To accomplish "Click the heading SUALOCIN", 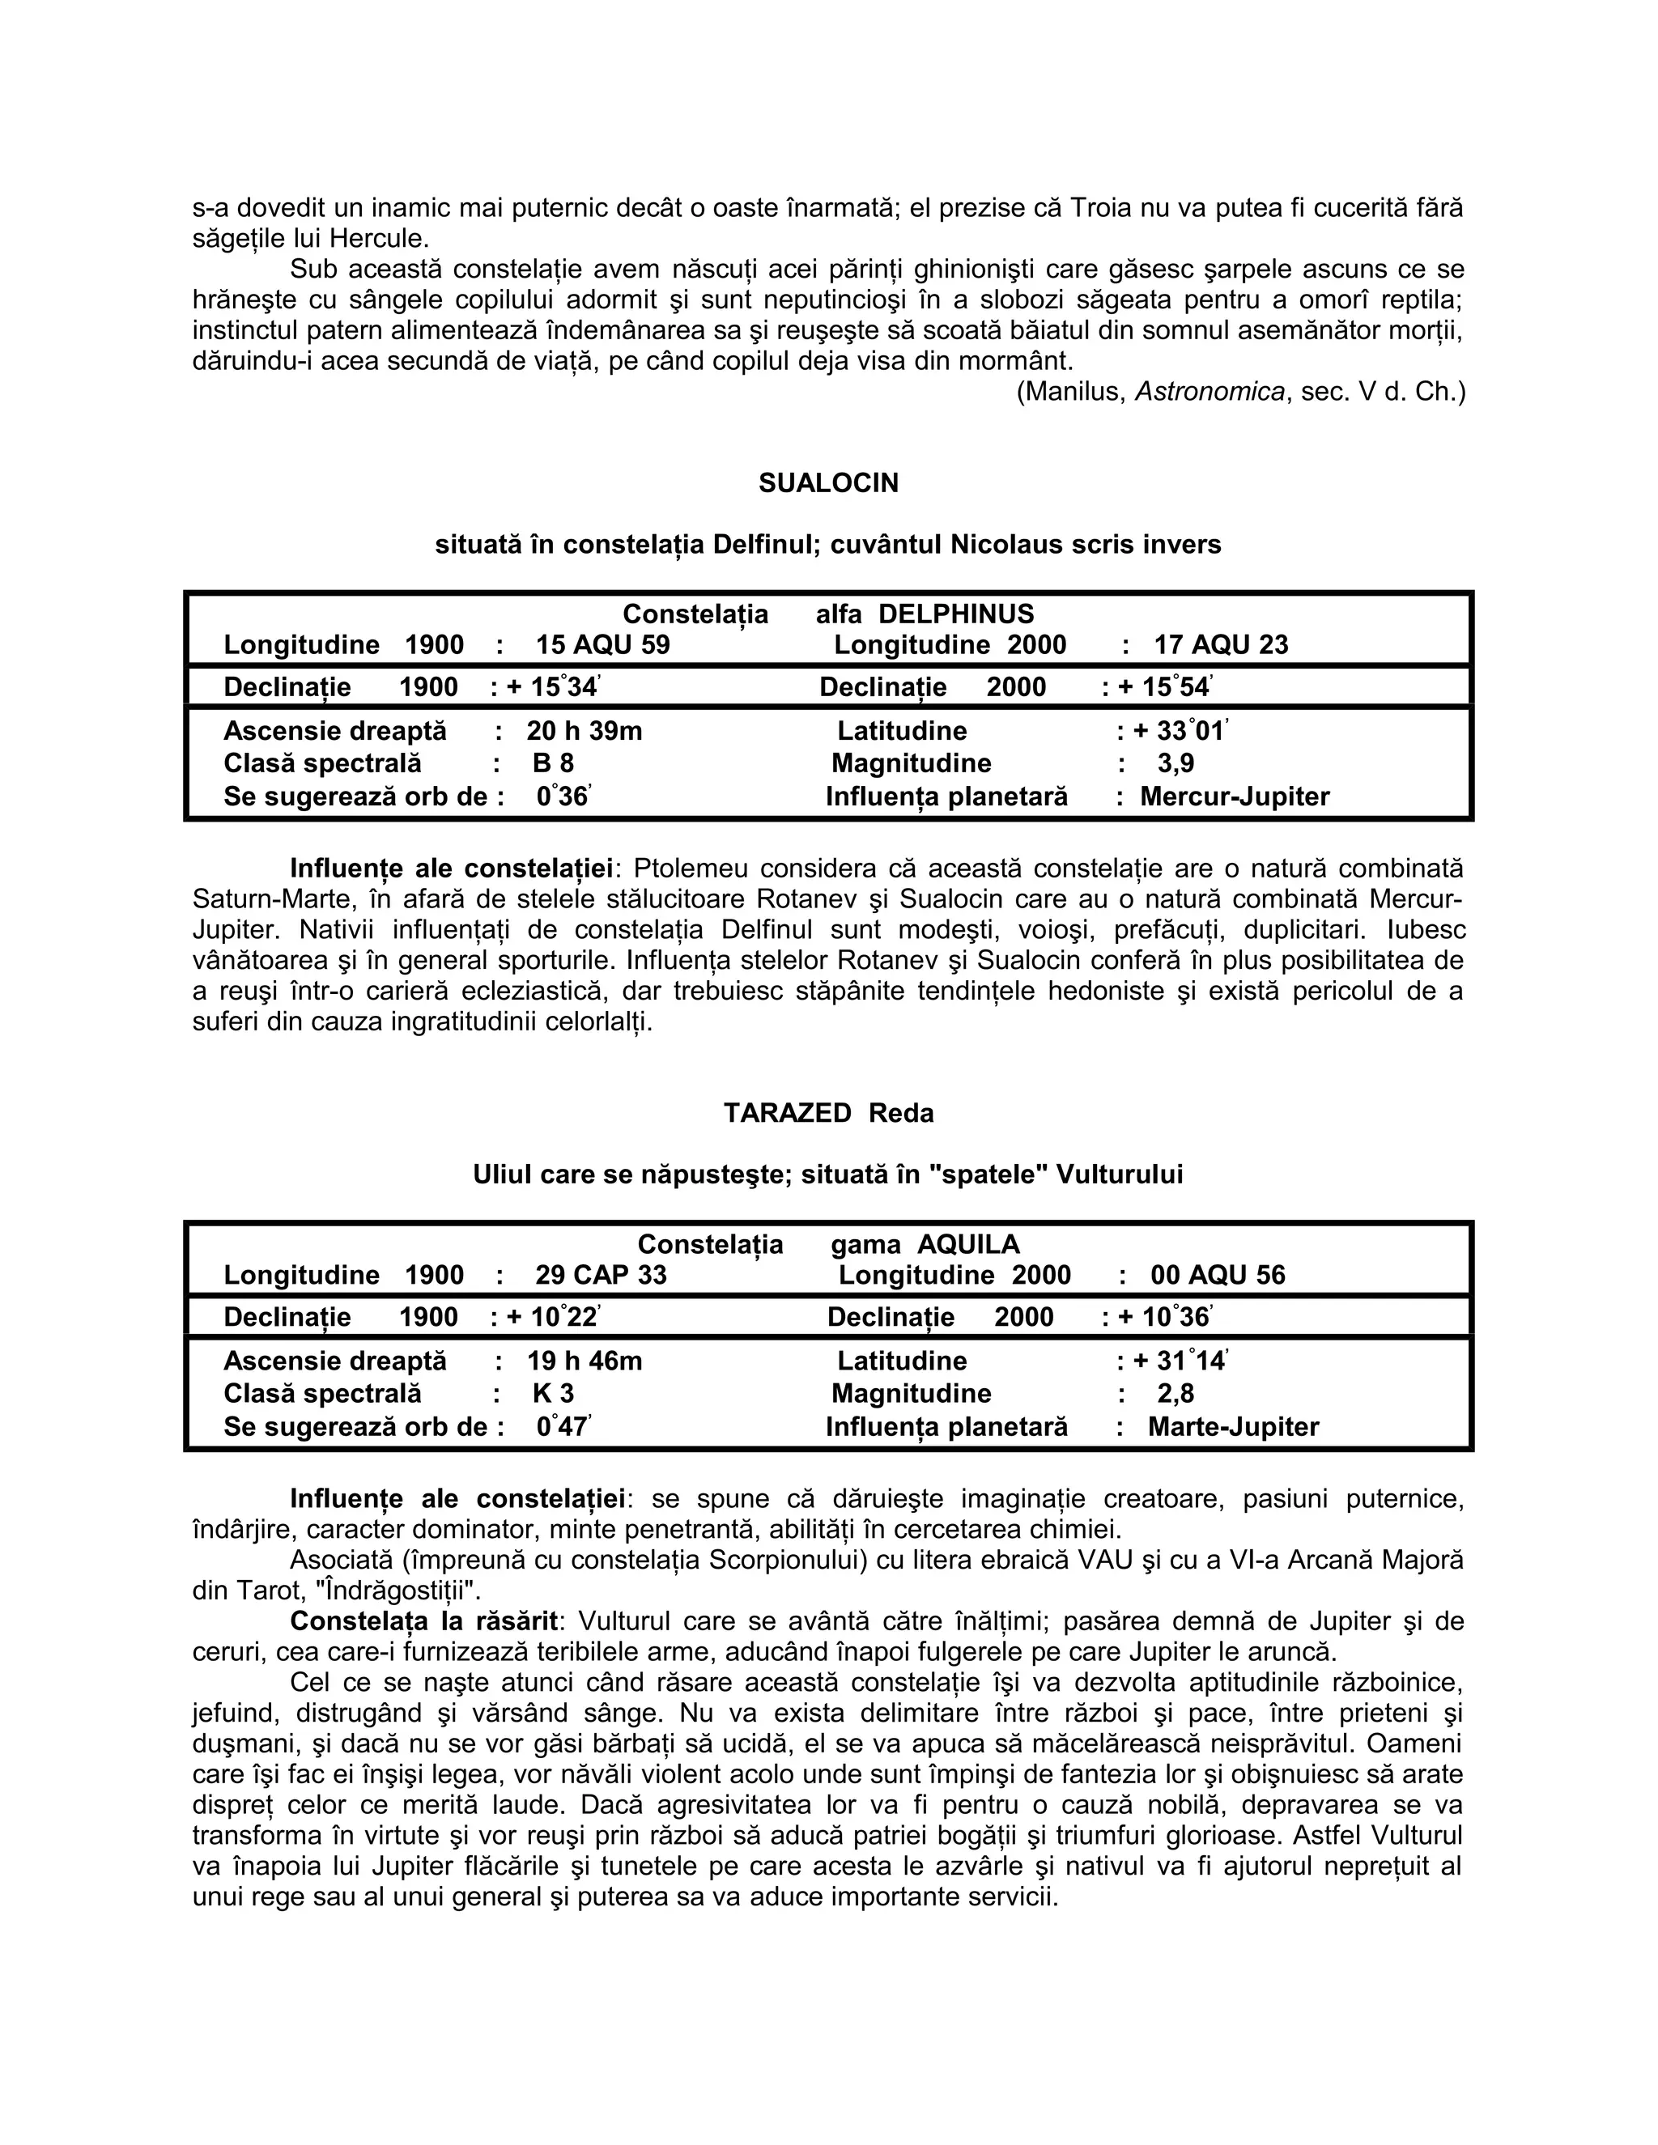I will pos(828,483).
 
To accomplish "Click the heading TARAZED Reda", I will pos(828,1113).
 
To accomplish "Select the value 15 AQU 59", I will pos(602,645).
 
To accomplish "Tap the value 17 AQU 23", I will pos(1220,645).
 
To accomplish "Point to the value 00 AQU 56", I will pos(1217,1275).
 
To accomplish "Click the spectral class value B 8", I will pos(553,763).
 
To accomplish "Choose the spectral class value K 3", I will pos(553,1394).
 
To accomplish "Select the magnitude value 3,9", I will pos(1175,763).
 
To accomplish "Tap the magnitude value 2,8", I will pos(1175,1394).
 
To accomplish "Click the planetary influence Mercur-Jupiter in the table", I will pos(1234,796).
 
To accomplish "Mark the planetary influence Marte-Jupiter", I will pos(1233,1427).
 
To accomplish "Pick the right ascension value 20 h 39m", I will pos(585,731).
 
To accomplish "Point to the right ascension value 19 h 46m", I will pos(585,1361).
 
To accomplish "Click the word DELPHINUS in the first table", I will pos(956,615).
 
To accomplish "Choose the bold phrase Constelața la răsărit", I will pos(423,1620).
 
